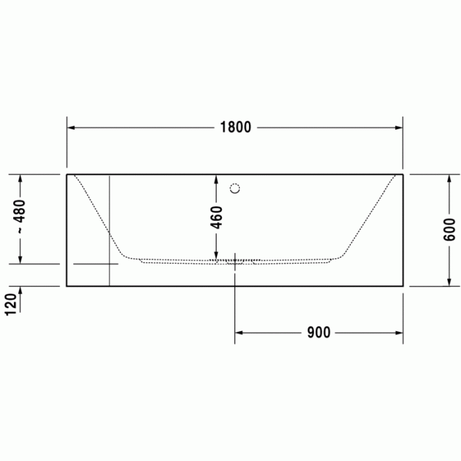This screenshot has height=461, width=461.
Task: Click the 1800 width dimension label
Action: (x=235, y=127)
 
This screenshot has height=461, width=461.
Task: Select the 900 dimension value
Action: (x=318, y=333)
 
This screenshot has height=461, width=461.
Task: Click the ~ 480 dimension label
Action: (x=20, y=218)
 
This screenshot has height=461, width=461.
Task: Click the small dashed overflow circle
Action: (x=235, y=188)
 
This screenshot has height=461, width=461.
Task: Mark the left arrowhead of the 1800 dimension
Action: (x=71, y=127)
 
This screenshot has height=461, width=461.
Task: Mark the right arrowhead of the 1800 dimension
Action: (x=398, y=127)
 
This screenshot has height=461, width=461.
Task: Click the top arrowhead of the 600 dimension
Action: (x=450, y=178)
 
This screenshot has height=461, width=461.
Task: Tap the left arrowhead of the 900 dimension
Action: (x=239, y=333)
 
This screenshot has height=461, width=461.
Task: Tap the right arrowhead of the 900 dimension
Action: (x=398, y=333)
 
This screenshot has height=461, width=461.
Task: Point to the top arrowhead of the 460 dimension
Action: (x=216, y=178)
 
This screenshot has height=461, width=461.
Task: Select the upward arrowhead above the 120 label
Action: (x=20, y=290)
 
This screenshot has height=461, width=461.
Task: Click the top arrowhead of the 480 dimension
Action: (x=20, y=178)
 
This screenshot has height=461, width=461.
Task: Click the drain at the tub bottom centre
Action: (x=235, y=261)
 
